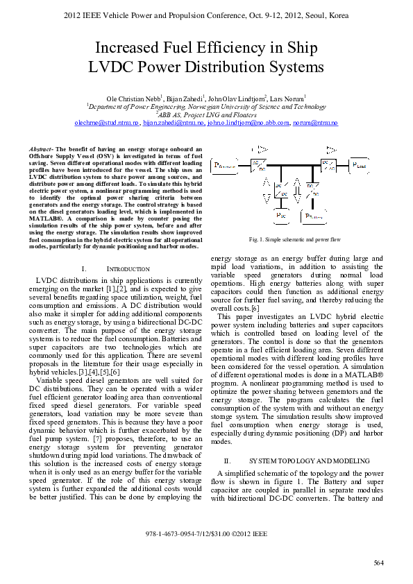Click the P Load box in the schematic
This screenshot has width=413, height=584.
click(360, 166)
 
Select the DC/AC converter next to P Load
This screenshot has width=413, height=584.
click(328, 165)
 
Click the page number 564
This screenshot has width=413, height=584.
click(379, 562)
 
